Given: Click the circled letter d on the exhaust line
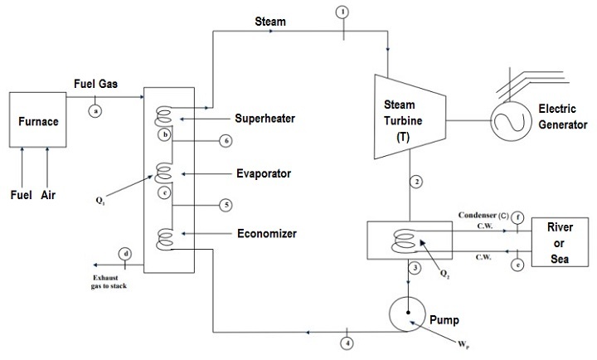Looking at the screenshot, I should click(125, 254).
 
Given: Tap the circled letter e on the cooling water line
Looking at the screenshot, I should click(517, 265).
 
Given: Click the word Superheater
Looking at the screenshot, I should click(265, 119).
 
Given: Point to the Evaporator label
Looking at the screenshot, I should click(262, 173).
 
